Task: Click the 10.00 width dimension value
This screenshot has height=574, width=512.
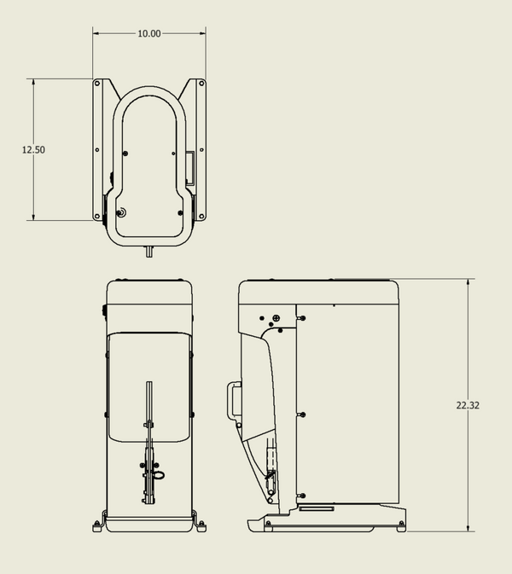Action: (x=149, y=33)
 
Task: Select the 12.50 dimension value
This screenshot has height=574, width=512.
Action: (x=33, y=150)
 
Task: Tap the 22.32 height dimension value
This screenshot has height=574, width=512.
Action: (x=468, y=405)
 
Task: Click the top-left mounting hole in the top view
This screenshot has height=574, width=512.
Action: (x=97, y=84)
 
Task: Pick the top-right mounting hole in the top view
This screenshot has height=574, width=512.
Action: (x=201, y=84)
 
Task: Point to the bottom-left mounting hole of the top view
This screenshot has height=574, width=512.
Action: (x=97, y=216)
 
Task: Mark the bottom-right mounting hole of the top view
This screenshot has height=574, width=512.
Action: (x=201, y=216)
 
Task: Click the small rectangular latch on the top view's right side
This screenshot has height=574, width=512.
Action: (x=190, y=167)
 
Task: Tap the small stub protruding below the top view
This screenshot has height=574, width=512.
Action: (x=149, y=252)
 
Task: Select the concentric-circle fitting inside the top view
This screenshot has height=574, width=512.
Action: (x=121, y=212)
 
